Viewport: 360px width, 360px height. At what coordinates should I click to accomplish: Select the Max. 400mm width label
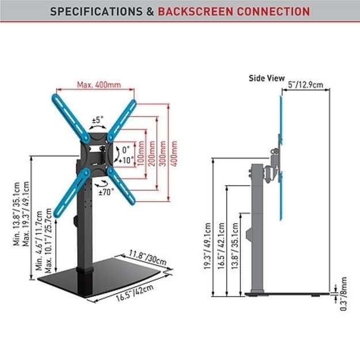(99, 85)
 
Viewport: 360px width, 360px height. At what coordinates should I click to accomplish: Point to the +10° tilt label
(126, 160)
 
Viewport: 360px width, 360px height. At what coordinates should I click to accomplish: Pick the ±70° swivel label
(107, 191)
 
